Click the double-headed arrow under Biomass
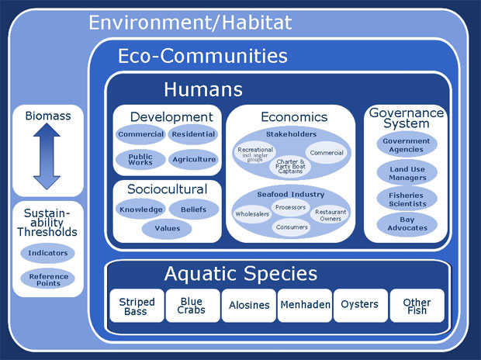point(47,156)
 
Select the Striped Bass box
point(137,306)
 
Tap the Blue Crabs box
point(192,306)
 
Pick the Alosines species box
point(249,306)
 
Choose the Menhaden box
point(305,306)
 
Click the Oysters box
point(361,306)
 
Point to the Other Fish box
point(417,306)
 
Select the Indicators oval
point(47,253)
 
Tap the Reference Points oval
point(47,279)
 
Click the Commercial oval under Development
point(140,134)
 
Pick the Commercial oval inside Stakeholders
point(327,153)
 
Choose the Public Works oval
point(140,160)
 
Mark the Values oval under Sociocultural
point(167,228)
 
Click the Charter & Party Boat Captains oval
point(290,166)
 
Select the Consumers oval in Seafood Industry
point(292,227)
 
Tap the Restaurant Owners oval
point(330,215)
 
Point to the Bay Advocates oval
point(407,223)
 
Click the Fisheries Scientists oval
point(407,199)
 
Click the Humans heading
point(203,89)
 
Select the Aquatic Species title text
point(240,273)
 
